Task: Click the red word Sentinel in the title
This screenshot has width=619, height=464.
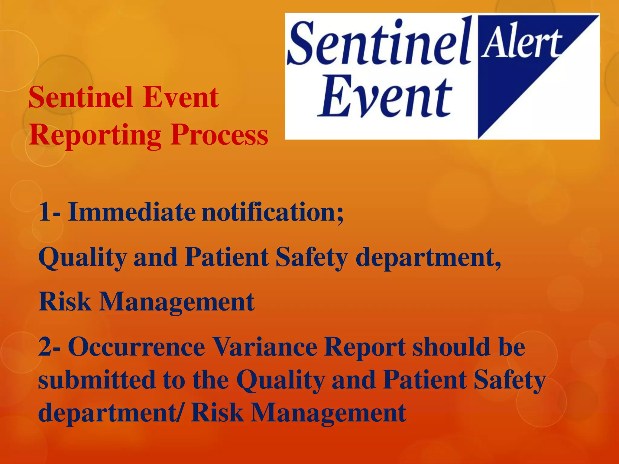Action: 80,97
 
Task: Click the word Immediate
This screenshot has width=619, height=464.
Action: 131,212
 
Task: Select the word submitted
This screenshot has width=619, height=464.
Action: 97,379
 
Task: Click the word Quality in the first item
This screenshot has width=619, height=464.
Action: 83,258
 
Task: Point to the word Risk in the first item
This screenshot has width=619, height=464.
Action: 65,302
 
